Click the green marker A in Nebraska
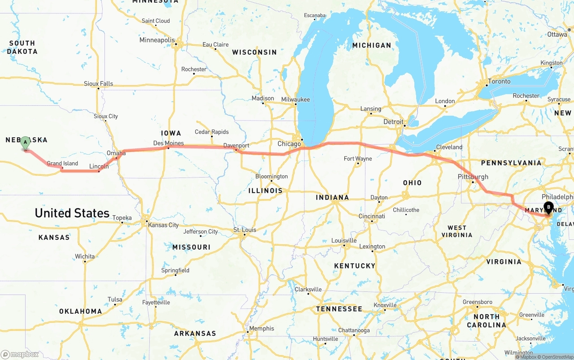[x=26, y=143]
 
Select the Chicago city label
[x=289, y=144]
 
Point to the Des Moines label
[x=168, y=143]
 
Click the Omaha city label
[x=116, y=153]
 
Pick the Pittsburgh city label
[x=473, y=177]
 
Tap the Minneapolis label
[x=157, y=40]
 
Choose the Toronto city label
[x=499, y=82]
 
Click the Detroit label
[x=393, y=122]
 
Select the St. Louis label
[x=245, y=230]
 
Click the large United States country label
[x=72, y=213]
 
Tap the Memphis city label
[x=261, y=329]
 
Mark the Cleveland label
[x=449, y=147]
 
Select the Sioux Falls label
[x=99, y=84]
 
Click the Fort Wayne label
[x=357, y=159]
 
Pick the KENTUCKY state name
[x=354, y=266]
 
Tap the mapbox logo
[x=20, y=354]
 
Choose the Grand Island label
[x=62, y=164]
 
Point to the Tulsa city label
[x=115, y=300]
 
